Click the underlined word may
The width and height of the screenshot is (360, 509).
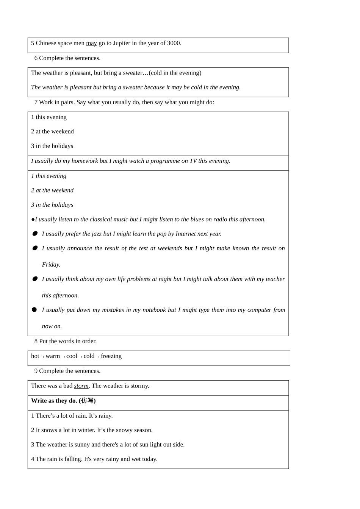tap(91, 43)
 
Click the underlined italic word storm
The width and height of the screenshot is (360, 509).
tap(81, 386)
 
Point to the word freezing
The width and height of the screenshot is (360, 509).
tap(111, 356)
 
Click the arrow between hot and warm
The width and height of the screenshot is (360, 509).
tap(42, 356)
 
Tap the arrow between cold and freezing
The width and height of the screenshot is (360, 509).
tap(98, 356)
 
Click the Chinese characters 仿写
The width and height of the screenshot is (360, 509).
tap(88, 401)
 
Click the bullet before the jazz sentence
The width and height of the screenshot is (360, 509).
tap(35, 234)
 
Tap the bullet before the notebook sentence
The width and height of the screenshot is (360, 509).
tap(34, 310)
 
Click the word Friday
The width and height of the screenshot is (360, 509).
tap(51, 265)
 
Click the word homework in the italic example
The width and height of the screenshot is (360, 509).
tap(85, 161)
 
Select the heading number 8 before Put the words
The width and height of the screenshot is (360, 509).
tap(36, 341)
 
